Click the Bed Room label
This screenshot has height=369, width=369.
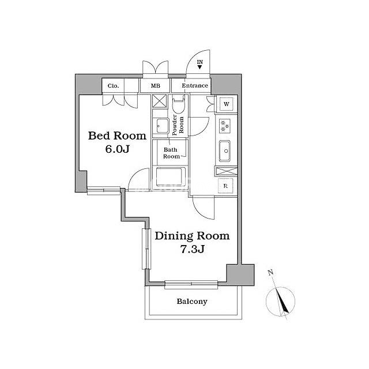pos(117,136)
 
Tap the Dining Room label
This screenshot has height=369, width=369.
pos(192,236)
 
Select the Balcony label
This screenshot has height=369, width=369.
pos(192,302)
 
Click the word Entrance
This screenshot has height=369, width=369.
pos(195,85)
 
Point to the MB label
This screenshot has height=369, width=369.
pos(155,86)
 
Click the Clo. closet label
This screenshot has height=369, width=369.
pos(113,86)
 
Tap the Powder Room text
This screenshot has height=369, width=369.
pos(178,125)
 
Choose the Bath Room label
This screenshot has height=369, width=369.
pos(171,153)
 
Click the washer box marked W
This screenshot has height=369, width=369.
pos(227,104)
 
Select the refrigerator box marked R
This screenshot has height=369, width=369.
pos(225,186)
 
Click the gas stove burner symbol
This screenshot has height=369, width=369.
pos(224,126)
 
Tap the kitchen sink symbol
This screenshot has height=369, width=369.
pos(225,151)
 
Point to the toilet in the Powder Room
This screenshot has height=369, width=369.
pos(178,106)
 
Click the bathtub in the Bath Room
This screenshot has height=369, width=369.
pos(169,177)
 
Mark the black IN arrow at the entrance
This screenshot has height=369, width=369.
pos(199,67)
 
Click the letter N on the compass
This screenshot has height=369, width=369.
pos(270,273)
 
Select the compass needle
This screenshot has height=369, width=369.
pos(282,302)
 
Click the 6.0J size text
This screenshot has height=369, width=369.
pos(117,149)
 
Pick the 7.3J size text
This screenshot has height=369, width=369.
pos(192,249)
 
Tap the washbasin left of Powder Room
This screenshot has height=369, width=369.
pos(163,126)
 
